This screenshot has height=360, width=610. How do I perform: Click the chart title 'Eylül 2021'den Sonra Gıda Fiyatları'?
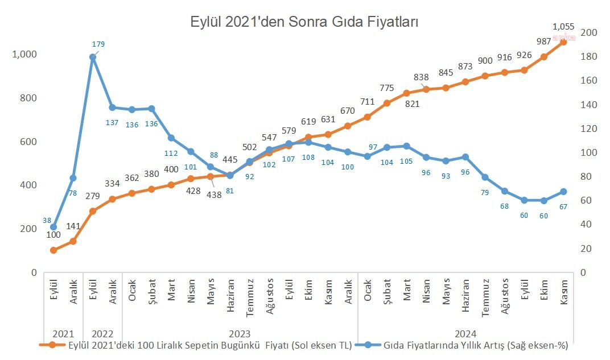click(x=304, y=22)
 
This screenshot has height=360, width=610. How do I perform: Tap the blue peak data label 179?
click(x=98, y=44)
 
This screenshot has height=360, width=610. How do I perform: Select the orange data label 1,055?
click(x=564, y=26)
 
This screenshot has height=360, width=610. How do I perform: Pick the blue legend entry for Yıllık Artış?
click(x=466, y=345)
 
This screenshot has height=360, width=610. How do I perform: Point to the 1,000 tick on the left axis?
click(x=24, y=54)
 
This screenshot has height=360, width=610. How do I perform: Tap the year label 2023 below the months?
click(x=240, y=333)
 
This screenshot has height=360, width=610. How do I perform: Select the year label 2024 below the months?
click(x=466, y=333)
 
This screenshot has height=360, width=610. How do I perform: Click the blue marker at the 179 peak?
click(x=93, y=57)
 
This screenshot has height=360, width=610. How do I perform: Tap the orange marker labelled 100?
click(x=53, y=250)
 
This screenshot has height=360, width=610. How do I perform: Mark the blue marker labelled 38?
click(x=53, y=227)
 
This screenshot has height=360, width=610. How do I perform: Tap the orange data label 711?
click(x=368, y=102)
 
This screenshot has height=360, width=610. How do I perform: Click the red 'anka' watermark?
click(x=564, y=38)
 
